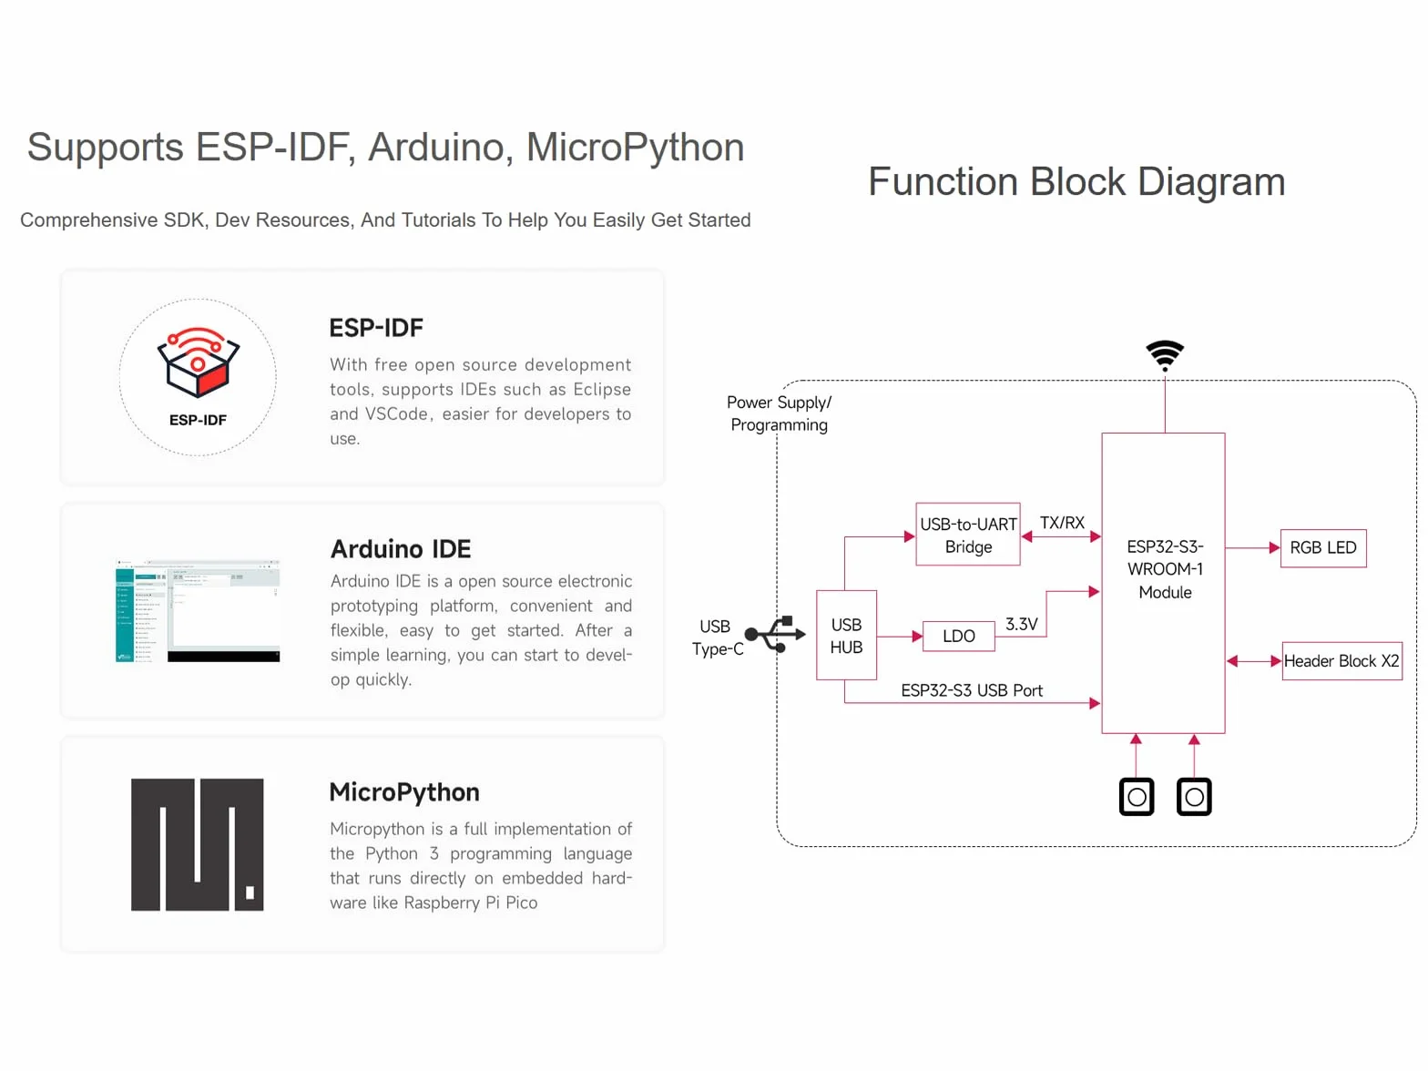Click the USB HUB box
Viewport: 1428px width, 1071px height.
tap(846, 635)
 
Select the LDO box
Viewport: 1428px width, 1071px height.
tap(958, 636)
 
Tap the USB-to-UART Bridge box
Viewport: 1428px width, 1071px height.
tap(967, 534)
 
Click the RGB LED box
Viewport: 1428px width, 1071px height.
tap(1322, 547)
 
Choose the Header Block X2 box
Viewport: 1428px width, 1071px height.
tap(1341, 660)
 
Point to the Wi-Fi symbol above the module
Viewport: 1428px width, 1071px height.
tap(1165, 355)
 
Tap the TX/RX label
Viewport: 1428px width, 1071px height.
tap(1062, 522)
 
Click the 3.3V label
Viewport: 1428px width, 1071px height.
tap(1021, 624)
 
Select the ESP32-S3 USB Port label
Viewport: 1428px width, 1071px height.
tap(972, 690)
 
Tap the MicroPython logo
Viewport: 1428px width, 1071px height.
tap(197, 844)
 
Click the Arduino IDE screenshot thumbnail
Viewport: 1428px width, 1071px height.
tap(197, 610)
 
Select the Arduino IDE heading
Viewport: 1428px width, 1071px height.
tap(400, 549)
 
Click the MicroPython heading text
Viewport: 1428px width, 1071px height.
tap(404, 792)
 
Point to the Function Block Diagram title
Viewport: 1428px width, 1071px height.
tap(1076, 181)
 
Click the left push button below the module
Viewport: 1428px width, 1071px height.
tap(1136, 796)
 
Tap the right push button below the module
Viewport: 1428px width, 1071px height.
tap(1194, 796)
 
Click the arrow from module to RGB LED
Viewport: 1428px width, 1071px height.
tap(1252, 547)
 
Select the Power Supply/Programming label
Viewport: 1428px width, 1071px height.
tap(779, 413)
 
